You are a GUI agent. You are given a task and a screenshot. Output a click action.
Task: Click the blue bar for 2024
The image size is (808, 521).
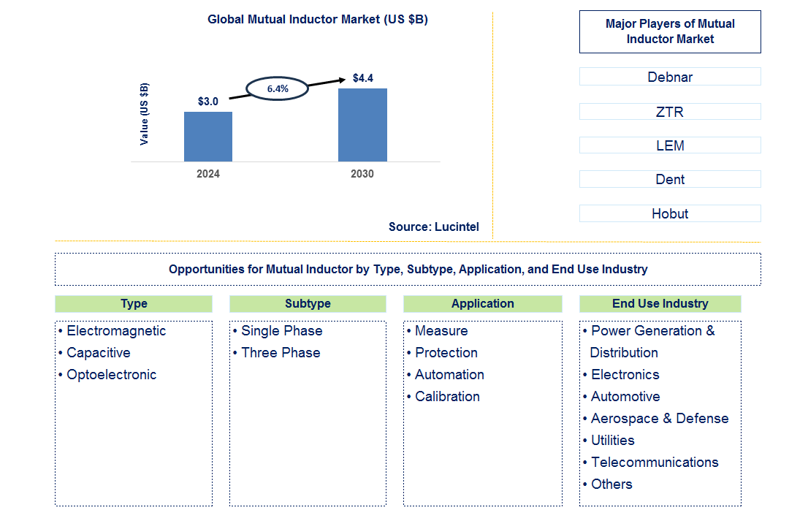point(208,137)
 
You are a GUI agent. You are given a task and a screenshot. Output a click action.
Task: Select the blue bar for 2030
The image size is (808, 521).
point(362,125)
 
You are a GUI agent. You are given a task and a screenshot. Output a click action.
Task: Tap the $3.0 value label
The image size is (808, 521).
point(208,101)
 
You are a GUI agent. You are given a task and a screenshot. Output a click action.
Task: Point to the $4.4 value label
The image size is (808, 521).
point(363,77)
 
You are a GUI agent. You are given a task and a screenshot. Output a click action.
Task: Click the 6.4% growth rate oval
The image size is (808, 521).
point(277,88)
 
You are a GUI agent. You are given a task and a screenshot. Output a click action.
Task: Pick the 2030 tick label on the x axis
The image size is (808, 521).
point(362,174)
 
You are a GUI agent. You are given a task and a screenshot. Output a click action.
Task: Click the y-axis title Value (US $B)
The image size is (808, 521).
point(144,113)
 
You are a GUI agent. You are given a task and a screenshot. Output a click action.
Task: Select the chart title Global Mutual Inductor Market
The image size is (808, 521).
point(318,20)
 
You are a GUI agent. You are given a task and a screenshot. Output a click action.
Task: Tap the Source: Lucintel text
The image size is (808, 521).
point(434,227)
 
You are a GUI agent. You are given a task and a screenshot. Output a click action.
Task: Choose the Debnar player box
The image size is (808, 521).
point(670,77)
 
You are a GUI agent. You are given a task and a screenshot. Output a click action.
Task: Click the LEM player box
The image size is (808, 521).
point(670,145)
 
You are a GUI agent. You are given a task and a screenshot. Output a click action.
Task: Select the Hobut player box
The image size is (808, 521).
point(670,213)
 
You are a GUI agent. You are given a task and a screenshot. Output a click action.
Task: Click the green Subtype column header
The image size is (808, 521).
point(308,304)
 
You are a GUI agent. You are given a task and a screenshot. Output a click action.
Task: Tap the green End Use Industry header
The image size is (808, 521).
point(660,304)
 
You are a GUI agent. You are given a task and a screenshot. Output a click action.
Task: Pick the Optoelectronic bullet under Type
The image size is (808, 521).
point(111,375)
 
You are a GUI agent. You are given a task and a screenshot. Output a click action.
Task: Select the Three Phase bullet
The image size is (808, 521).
point(281,353)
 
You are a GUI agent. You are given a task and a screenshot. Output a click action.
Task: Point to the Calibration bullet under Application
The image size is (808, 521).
point(447,397)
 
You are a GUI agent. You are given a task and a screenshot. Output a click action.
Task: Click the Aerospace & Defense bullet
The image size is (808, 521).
point(659,419)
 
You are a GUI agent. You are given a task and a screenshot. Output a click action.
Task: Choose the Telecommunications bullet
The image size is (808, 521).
point(655,463)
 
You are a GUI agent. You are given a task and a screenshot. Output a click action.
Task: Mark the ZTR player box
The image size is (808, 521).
point(670,112)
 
